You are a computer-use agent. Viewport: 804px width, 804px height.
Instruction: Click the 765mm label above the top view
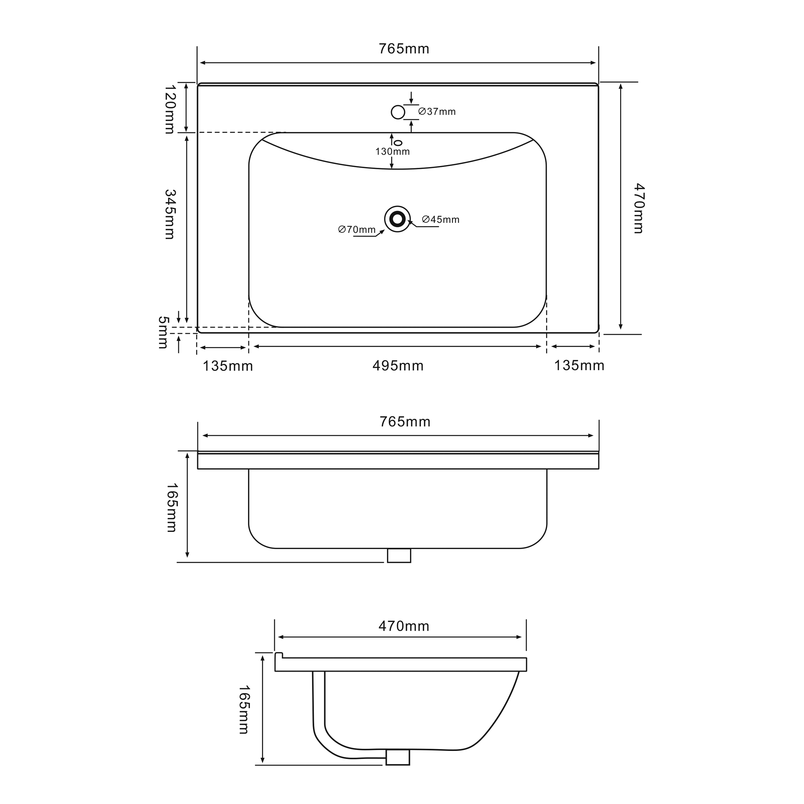[x=404, y=49]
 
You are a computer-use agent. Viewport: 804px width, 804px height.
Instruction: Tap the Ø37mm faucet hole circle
[x=398, y=112]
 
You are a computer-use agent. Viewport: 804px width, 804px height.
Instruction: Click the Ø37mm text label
[x=437, y=112]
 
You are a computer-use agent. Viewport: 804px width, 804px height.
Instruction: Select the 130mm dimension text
[x=392, y=151]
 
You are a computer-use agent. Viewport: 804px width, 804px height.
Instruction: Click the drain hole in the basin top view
[x=397, y=219]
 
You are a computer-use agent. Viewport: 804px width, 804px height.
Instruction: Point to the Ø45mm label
[x=441, y=219]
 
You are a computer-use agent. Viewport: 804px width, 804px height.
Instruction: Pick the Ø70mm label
[x=357, y=229]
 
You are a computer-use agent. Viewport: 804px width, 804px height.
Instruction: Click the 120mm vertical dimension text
[x=170, y=109]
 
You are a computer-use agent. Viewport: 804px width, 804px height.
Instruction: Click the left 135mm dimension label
[x=228, y=366]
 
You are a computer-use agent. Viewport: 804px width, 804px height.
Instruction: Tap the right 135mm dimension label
[x=579, y=365]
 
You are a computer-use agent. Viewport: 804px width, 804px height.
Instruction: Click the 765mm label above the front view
[x=405, y=422]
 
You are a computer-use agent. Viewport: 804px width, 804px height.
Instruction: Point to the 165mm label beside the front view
[x=171, y=508]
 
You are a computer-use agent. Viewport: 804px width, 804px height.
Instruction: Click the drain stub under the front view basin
[x=399, y=555]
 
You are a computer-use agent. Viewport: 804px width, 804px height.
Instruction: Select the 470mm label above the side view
[x=404, y=626]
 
